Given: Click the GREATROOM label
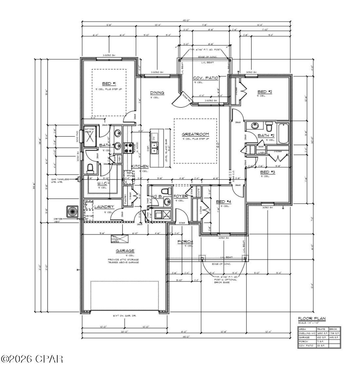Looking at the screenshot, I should click(195, 134).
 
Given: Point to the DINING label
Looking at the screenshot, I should click(157, 93).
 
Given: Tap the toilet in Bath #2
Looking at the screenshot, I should click(269, 126).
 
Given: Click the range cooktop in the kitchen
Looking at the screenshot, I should click(127, 148).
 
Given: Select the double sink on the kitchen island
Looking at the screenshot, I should click(155, 148).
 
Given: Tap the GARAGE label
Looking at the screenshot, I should click(125, 251).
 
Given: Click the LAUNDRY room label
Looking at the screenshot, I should click(104, 207).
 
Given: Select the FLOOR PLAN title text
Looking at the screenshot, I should click(312, 318).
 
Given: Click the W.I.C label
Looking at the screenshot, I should click(102, 183).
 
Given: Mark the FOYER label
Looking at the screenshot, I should click(180, 197).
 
